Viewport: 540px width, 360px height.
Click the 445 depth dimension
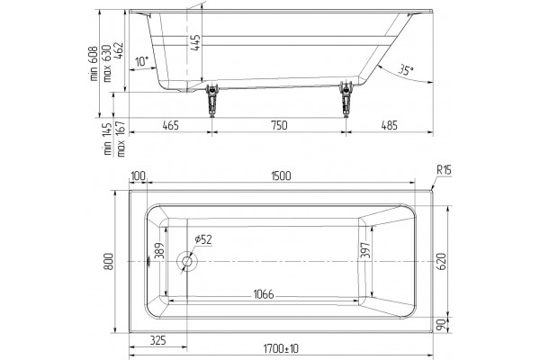pos(195,42)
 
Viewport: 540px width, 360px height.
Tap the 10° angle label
pos(141,62)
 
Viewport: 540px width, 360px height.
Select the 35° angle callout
pos(406,69)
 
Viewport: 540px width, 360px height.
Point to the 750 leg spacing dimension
pos(279,125)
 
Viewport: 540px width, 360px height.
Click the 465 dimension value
pos(170,125)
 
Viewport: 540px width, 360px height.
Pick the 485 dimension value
pos(389,125)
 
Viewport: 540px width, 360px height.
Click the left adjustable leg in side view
pos(212,100)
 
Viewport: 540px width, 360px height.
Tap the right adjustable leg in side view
pos(346,100)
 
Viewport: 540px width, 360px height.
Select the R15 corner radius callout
pos(444,170)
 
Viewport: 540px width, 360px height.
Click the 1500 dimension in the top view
pos(281,176)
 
